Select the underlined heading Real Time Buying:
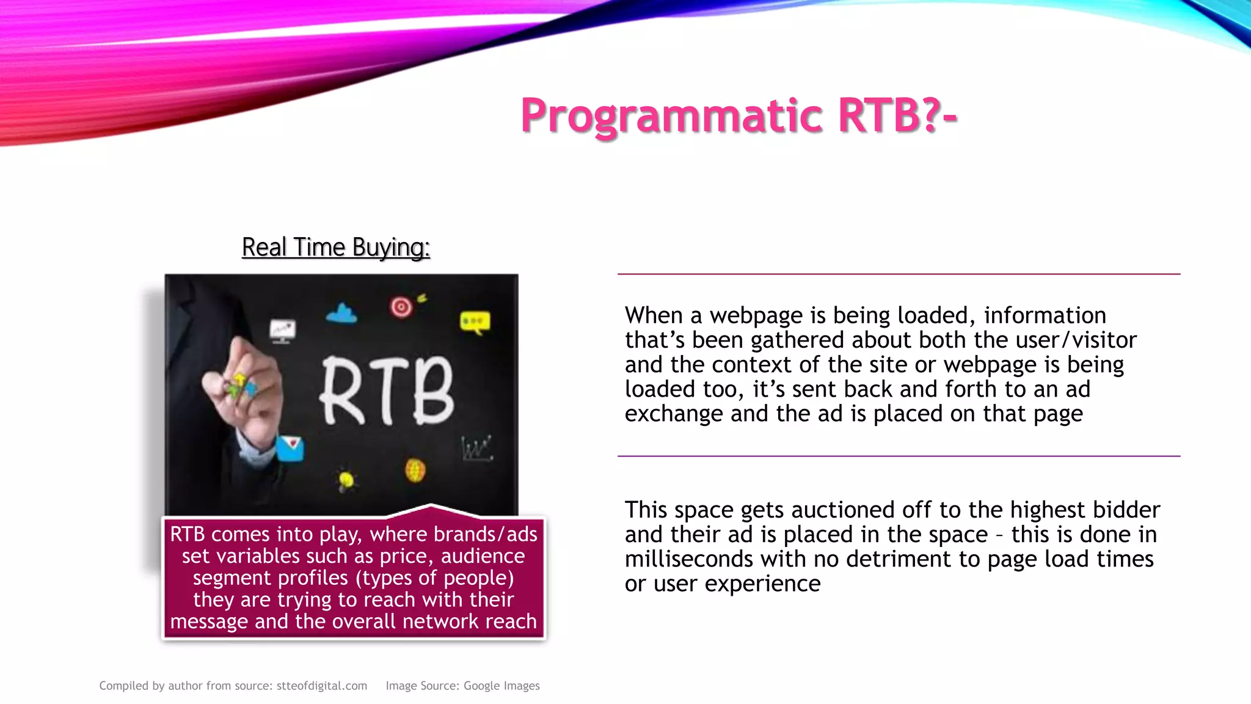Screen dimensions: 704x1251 (x=336, y=248)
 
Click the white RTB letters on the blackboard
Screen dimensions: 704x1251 (x=387, y=391)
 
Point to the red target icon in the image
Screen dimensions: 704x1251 (x=401, y=306)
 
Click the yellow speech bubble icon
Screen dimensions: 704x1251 (x=475, y=322)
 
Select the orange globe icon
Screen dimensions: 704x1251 (x=415, y=471)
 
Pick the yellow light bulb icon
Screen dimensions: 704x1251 (x=346, y=480)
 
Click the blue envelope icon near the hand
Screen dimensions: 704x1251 (x=290, y=448)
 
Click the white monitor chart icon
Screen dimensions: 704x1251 (x=282, y=331)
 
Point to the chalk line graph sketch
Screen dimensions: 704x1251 (x=476, y=449)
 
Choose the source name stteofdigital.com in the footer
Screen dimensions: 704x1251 (x=322, y=686)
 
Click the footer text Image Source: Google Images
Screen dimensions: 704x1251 (x=462, y=686)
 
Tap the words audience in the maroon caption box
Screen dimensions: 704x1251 (x=483, y=556)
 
